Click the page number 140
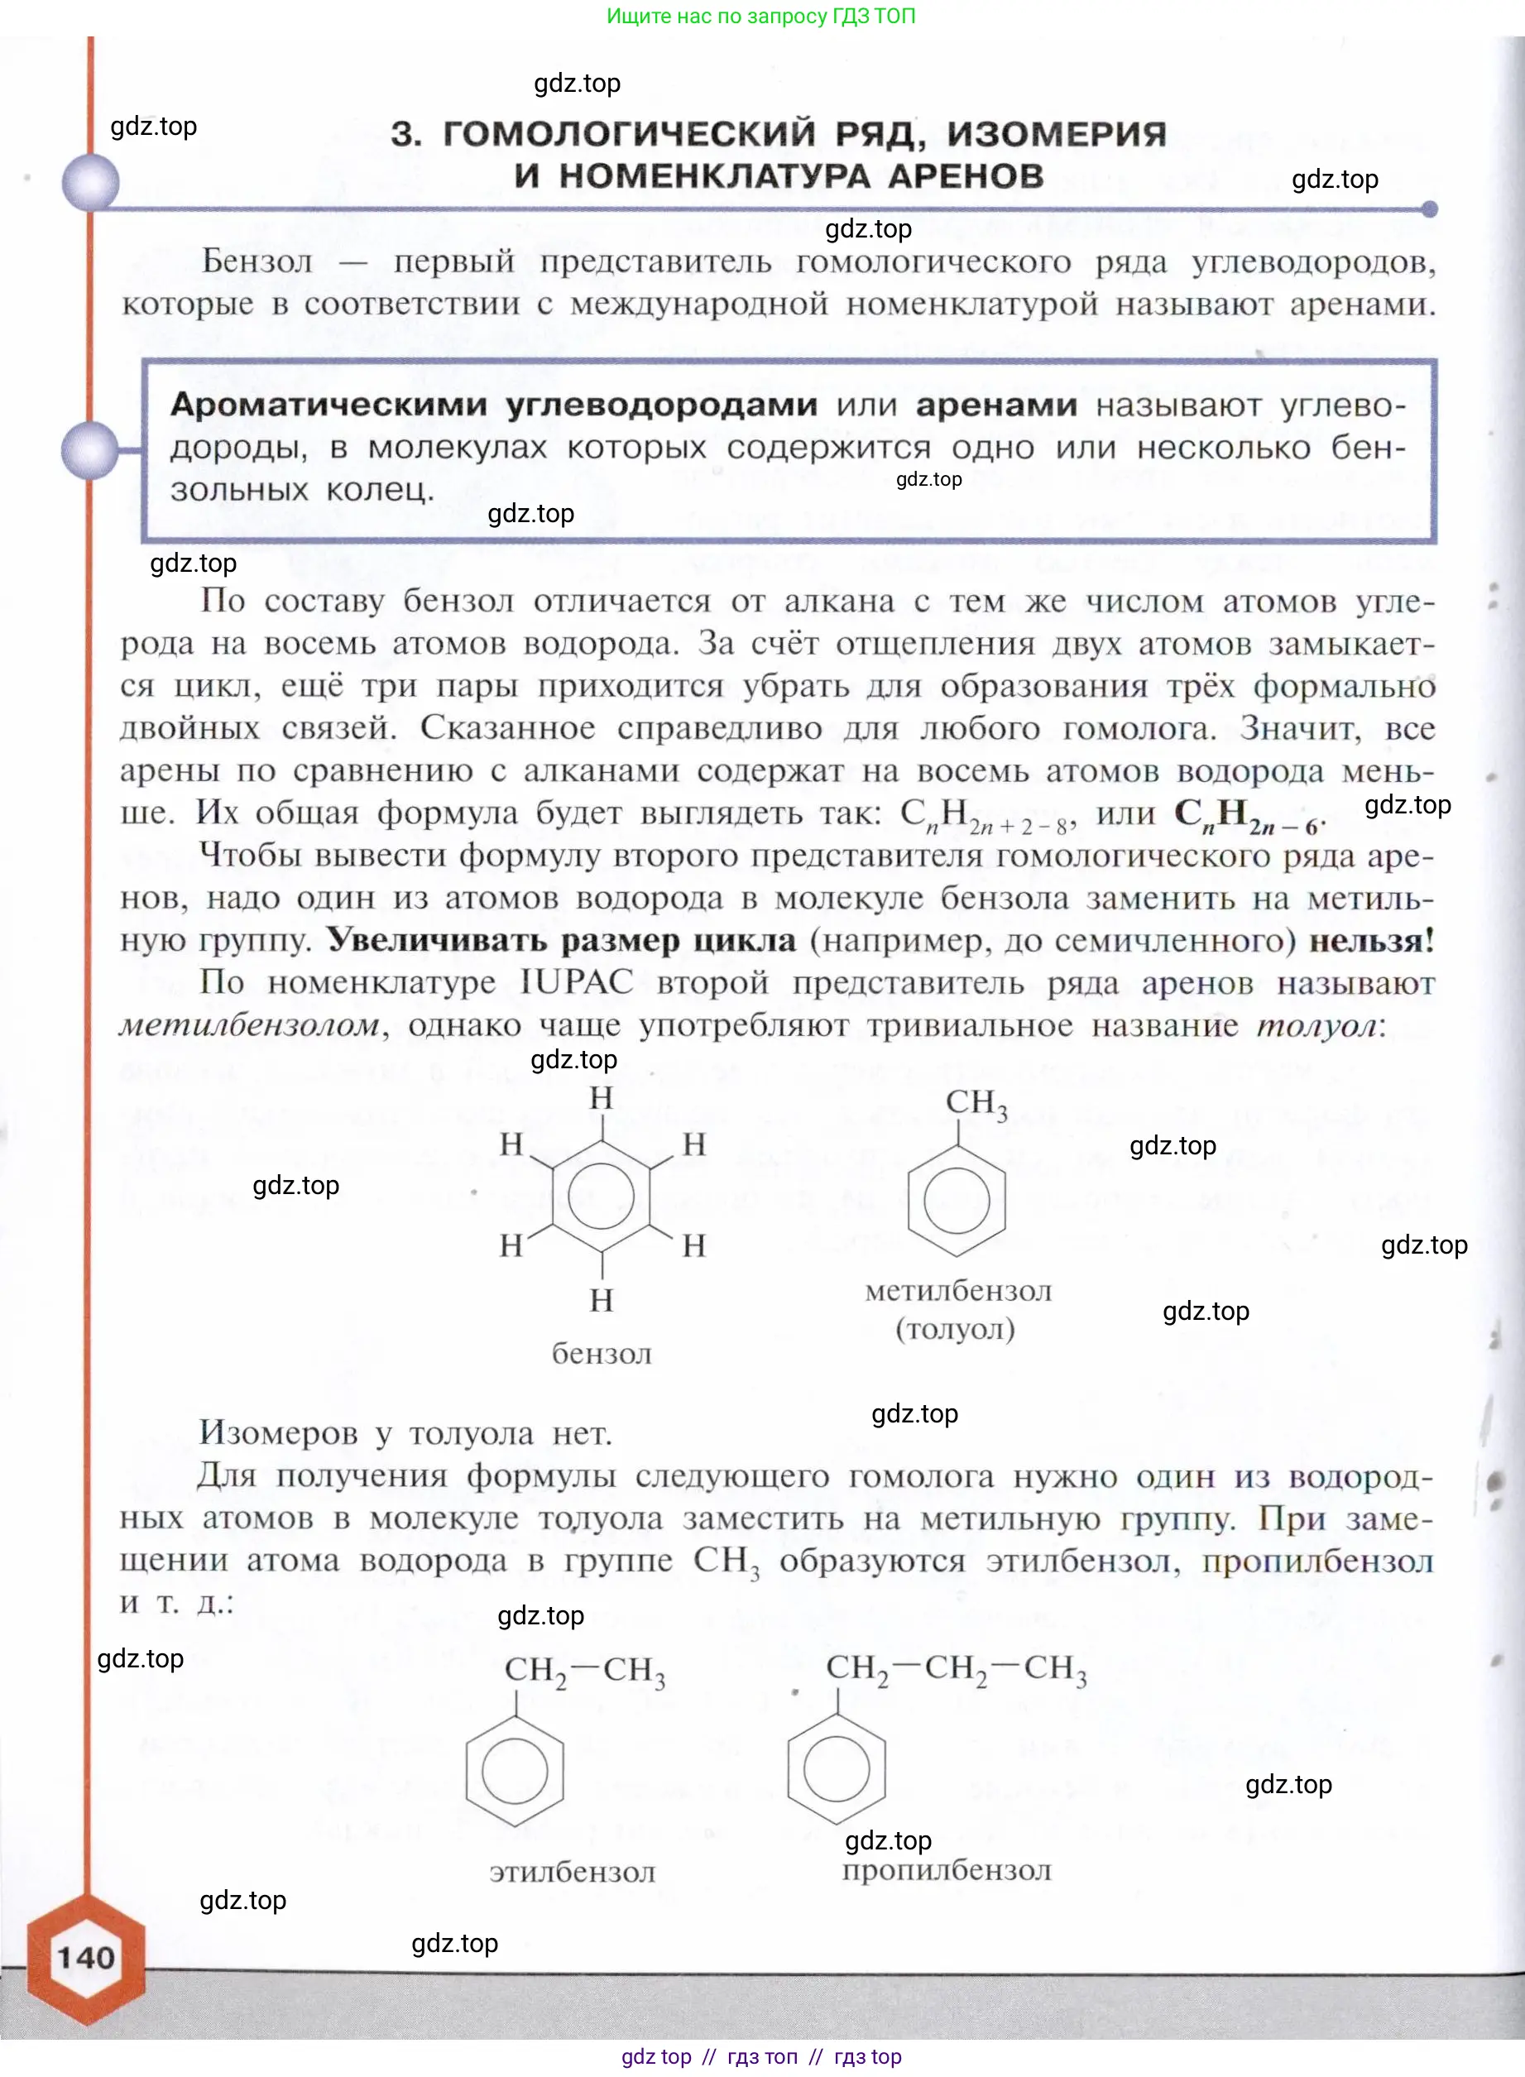click(86, 1957)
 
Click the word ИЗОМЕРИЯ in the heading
click(1056, 135)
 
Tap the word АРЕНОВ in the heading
click(966, 176)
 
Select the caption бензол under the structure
click(601, 1353)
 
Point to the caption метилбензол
click(957, 1291)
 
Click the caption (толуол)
click(956, 1328)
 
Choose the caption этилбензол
click(573, 1872)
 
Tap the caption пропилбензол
click(947, 1870)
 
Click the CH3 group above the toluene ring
click(976, 1103)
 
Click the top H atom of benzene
click(601, 1097)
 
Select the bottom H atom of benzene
click(601, 1300)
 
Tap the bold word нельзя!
click(1372, 941)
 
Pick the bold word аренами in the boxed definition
click(996, 405)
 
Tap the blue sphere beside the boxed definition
click(90, 450)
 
